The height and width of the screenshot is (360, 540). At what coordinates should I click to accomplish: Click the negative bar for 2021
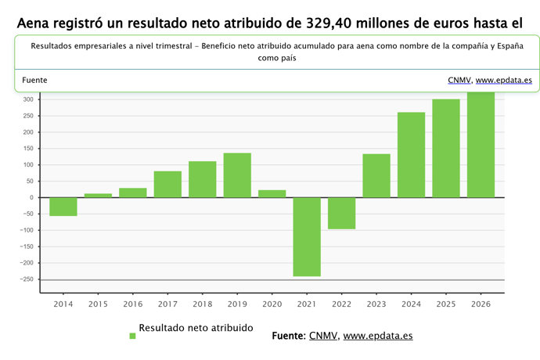(307, 236)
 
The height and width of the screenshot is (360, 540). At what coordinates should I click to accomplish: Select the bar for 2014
(63, 207)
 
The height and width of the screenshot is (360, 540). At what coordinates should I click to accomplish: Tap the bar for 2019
(237, 175)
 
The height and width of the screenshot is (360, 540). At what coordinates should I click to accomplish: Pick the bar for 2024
(411, 154)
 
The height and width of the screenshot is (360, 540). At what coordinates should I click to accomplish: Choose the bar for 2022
(341, 213)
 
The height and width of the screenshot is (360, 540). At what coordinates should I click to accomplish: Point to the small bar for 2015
(98, 195)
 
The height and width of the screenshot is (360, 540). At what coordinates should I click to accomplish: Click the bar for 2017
(167, 184)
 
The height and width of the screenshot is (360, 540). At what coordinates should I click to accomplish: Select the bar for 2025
(446, 148)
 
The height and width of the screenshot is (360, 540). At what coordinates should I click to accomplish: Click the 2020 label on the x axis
(272, 304)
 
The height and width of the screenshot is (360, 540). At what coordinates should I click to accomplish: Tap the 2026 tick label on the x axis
(481, 304)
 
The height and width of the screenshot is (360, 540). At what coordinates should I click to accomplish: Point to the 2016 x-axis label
(133, 304)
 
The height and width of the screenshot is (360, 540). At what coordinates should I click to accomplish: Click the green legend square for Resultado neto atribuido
(132, 336)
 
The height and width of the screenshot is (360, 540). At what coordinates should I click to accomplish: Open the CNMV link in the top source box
(459, 80)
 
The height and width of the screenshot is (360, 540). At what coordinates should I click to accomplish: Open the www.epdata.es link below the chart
(378, 336)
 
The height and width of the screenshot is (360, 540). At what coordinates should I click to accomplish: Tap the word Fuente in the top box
(34, 80)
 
